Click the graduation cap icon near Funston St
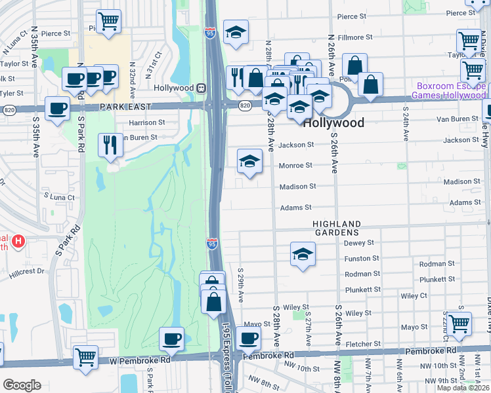[303, 254]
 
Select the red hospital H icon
[18, 241]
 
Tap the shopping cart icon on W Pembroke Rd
[85, 358]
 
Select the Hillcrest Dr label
[26, 270]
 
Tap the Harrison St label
[146, 122]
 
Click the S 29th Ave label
[242, 284]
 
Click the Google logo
[22, 385]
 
